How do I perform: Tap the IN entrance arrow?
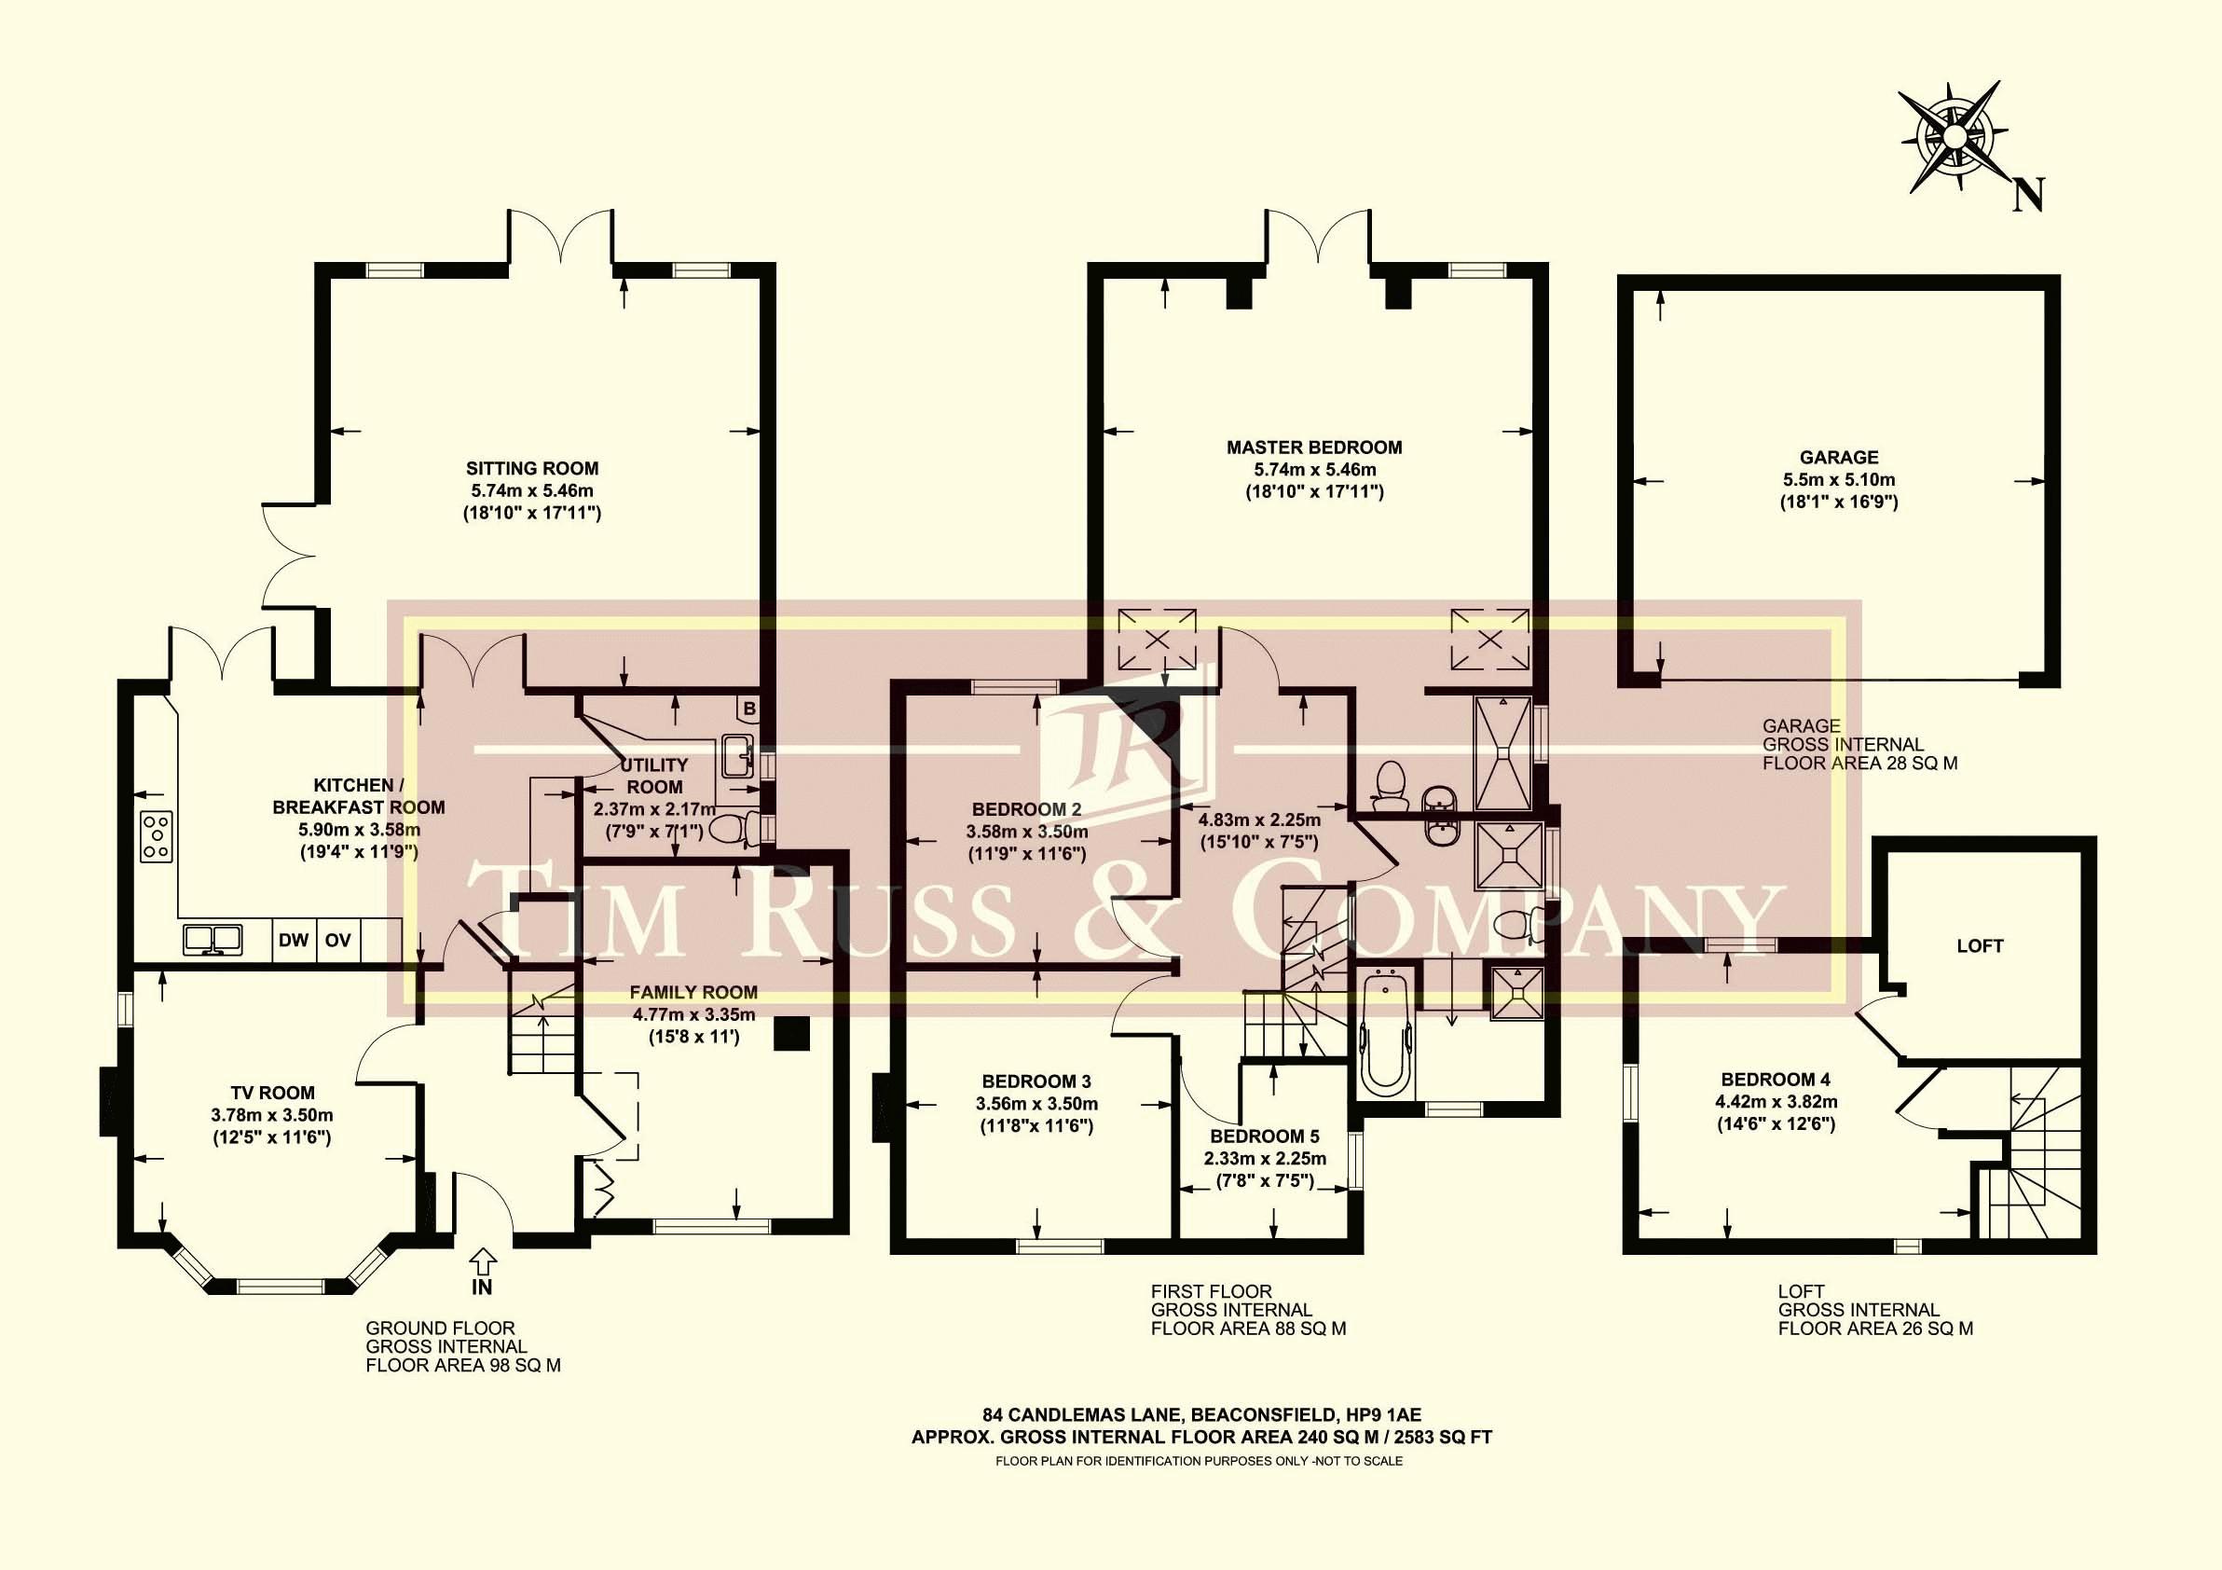(482, 1261)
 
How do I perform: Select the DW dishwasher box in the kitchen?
(294, 940)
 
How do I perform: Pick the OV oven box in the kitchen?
(337, 940)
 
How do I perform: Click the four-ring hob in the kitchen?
(157, 836)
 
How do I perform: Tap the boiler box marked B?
(748, 709)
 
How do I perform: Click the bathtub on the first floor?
(1384, 1033)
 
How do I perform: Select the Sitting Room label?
(532, 469)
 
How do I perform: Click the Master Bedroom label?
(1314, 448)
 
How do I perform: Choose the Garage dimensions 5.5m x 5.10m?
(1839, 479)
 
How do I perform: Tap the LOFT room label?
(1980, 945)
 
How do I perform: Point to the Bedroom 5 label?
(1265, 1136)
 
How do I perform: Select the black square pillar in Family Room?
(791, 1033)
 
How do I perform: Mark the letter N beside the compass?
(2028, 222)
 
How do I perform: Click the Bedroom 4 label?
(1776, 1080)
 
